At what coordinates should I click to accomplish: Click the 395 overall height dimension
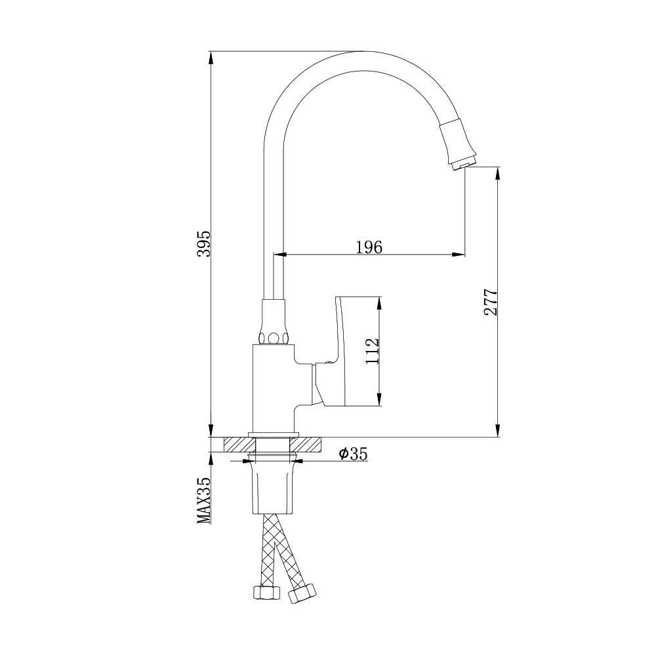[x=203, y=243]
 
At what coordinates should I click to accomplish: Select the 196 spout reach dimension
[x=369, y=247]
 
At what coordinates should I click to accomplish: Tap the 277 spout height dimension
[x=491, y=302]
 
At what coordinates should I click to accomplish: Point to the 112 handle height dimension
[x=372, y=352]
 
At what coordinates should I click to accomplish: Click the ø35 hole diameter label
[x=353, y=453]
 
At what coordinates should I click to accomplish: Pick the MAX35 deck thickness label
[x=204, y=500]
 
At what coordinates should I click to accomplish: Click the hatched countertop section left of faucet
[x=236, y=444]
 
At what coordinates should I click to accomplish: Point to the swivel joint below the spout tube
[x=274, y=324]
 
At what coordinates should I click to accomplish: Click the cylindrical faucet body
[x=272, y=387]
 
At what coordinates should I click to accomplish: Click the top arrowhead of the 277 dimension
[x=499, y=173]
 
